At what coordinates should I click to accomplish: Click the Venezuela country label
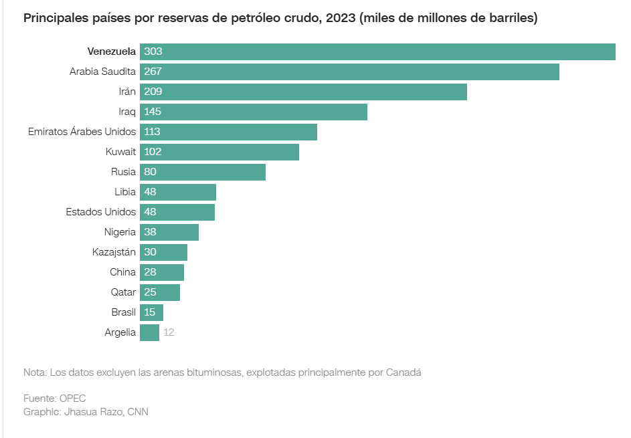click(112, 51)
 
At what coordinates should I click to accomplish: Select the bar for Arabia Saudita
click(349, 72)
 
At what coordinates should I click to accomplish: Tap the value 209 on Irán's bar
click(153, 92)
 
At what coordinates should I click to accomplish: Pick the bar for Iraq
click(254, 112)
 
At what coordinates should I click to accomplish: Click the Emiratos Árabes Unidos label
click(82, 132)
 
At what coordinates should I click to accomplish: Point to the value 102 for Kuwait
click(153, 152)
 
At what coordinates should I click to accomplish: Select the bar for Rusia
click(203, 172)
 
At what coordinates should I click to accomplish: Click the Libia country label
click(125, 192)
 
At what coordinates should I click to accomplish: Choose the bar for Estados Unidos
click(177, 212)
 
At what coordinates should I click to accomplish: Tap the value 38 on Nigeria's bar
click(151, 232)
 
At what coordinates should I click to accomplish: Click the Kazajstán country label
click(114, 252)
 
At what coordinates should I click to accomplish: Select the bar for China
click(162, 272)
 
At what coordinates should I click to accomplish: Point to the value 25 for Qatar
click(151, 292)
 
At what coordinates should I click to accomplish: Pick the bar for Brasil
click(152, 312)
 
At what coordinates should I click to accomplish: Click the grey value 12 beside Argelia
click(169, 332)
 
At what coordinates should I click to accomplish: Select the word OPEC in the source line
click(72, 399)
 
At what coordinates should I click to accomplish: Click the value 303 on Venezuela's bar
click(153, 51)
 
